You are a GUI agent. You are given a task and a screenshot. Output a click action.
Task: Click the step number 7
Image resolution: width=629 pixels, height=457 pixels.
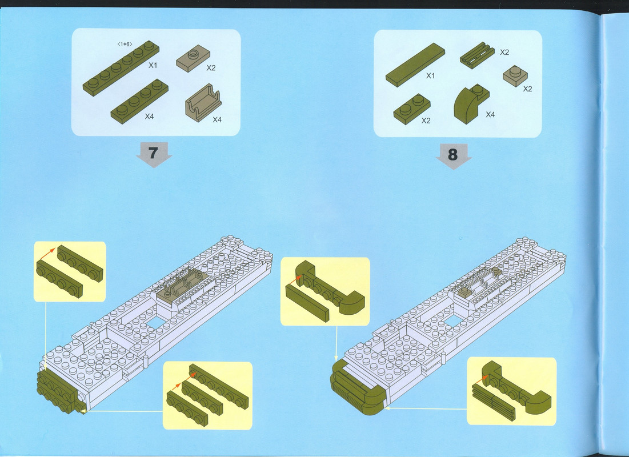click(x=153, y=153)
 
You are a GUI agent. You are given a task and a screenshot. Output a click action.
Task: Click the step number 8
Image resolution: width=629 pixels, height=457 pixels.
click(x=452, y=154)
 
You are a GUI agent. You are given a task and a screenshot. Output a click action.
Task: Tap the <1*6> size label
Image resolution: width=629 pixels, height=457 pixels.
click(x=125, y=44)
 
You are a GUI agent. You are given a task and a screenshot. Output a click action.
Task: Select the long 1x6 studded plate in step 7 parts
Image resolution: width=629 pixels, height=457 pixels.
click(x=121, y=68)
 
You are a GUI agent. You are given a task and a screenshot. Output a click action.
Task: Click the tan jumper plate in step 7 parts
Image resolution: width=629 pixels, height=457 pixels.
click(x=193, y=58)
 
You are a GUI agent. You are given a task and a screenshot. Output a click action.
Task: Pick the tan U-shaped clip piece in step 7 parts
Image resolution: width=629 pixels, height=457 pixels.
click(x=203, y=103)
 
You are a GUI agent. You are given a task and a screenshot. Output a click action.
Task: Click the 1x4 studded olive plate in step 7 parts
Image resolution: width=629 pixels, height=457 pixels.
click(x=139, y=101)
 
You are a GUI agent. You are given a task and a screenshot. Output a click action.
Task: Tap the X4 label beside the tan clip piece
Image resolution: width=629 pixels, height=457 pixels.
click(x=217, y=119)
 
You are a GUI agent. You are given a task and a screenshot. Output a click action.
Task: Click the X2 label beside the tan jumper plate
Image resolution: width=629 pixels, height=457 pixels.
click(x=211, y=68)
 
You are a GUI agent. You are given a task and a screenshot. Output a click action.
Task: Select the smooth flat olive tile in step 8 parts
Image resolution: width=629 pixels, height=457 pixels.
click(x=415, y=65)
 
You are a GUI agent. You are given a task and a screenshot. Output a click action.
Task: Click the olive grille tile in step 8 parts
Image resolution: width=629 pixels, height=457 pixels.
click(x=477, y=55)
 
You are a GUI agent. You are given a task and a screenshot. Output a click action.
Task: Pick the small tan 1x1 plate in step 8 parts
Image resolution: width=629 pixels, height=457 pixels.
click(x=515, y=76)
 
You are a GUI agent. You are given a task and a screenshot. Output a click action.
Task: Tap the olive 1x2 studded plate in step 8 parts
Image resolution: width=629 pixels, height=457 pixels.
click(x=411, y=109)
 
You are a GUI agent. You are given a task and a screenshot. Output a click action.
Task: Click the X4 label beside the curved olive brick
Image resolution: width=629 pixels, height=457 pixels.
click(x=490, y=115)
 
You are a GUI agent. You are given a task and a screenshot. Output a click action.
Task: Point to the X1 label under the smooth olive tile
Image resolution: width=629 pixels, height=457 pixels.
click(x=430, y=75)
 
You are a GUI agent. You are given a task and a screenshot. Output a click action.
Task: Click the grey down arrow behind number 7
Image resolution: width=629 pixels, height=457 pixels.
click(x=154, y=154)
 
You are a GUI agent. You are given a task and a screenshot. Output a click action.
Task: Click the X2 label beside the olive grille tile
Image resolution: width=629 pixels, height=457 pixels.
click(x=504, y=52)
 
